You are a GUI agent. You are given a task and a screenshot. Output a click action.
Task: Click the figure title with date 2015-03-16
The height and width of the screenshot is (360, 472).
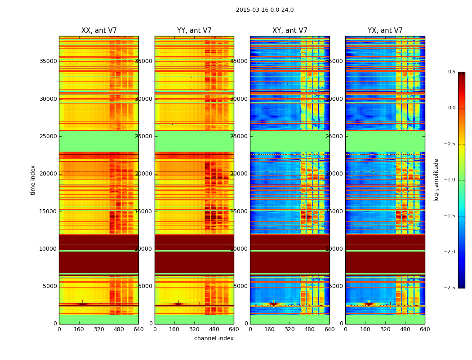pyautogui.click(x=265, y=10)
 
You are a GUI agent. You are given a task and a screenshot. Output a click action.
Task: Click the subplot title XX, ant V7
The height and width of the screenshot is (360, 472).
pyautogui.click(x=99, y=31)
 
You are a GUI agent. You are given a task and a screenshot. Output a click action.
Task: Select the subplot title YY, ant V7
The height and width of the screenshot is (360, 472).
pyautogui.click(x=194, y=31)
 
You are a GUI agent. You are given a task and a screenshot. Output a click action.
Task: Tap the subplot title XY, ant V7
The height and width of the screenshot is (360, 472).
pyautogui.click(x=290, y=31)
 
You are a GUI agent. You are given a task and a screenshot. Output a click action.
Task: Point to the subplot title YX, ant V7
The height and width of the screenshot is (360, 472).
pyautogui.click(x=385, y=31)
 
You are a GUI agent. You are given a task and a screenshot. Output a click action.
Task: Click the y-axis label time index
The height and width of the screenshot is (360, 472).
pyautogui.click(x=33, y=180)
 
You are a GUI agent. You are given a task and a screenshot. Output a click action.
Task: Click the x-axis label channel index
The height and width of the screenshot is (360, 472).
pyautogui.click(x=214, y=338)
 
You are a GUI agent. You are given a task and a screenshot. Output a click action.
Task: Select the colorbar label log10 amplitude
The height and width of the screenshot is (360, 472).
pyautogui.click(x=436, y=180)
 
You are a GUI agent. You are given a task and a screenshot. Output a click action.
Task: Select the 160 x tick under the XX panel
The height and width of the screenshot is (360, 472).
pyautogui.click(x=79, y=329)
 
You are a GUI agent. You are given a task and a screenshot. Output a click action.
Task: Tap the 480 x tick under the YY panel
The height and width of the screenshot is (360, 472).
pyautogui.click(x=214, y=329)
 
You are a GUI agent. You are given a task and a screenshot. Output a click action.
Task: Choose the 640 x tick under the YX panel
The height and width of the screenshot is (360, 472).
pyautogui.click(x=425, y=329)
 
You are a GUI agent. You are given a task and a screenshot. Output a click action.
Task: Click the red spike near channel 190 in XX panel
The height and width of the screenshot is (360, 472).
pyautogui.click(x=82, y=303)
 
